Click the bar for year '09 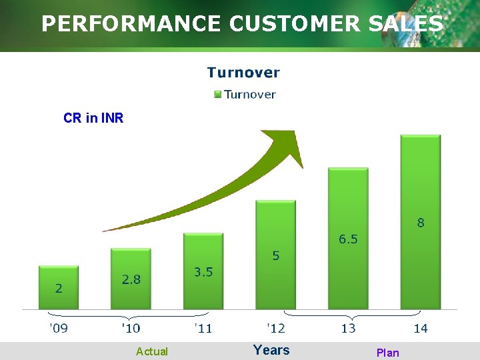click(x=59, y=288)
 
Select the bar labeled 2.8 click(x=131, y=279)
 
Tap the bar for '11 click(x=203, y=271)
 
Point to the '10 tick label click(x=131, y=328)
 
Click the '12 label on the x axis click(x=276, y=328)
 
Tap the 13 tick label click(x=348, y=328)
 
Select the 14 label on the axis click(x=421, y=328)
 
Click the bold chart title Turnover click(x=243, y=73)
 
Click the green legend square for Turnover click(x=217, y=94)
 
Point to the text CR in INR click(x=93, y=118)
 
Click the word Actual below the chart click(x=152, y=351)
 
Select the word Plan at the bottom click(x=387, y=353)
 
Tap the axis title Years click(x=271, y=350)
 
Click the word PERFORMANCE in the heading click(x=131, y=24)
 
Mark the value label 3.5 click(x=203, y=271)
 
